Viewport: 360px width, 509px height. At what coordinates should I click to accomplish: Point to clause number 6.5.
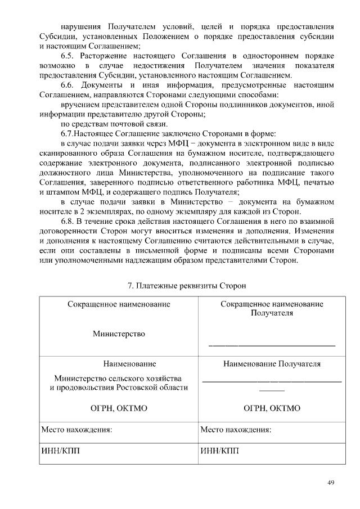69,56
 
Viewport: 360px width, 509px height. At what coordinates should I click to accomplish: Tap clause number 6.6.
69,85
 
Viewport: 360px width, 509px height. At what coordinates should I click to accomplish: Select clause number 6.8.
69,221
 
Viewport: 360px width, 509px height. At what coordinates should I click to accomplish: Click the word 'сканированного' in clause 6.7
68,152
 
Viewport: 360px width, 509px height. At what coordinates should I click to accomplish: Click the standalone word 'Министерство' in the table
119,334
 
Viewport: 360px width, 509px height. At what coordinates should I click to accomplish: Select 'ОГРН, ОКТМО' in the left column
119,408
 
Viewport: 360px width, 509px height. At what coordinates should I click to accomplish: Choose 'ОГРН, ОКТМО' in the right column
272,408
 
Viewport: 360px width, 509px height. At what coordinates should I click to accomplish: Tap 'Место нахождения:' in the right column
236,430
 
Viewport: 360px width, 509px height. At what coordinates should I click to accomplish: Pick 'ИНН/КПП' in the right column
220,451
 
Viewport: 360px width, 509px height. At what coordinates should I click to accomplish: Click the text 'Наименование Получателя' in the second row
272,364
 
